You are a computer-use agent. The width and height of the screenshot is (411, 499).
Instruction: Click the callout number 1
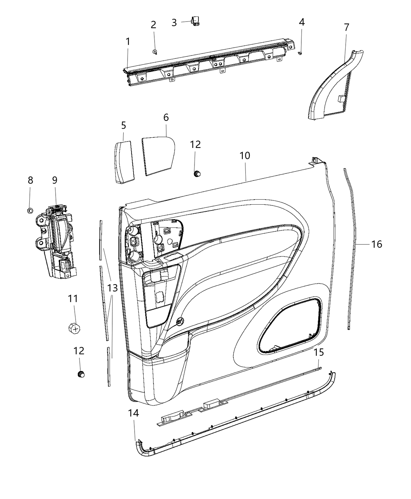click(x=128, y=41)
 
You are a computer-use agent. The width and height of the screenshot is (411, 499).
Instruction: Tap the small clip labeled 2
click(x=155, y=52)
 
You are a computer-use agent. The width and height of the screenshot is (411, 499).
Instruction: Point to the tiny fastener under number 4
click(x=300, y=53)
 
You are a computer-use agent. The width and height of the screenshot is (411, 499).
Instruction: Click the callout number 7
click(x=346, y=27)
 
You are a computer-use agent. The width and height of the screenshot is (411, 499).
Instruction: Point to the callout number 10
click(x=245, y=155)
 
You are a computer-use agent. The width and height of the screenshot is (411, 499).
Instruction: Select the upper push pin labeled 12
click(x=197, y=173)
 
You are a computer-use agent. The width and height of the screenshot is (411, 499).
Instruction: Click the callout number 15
click(x=319, y=352)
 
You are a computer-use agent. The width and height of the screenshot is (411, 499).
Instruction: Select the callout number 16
click(x=377, y=244)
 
